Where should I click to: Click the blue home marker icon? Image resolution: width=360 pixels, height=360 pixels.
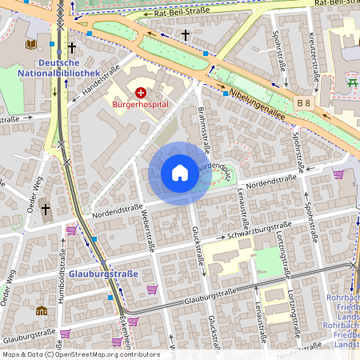click(x=180, y=172)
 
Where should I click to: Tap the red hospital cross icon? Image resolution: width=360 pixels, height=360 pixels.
click(x=141, y=93)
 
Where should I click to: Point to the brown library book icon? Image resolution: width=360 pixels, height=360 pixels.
click(x=31, y=44)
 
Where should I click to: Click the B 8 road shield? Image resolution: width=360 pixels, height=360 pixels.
click(x=303, y=102)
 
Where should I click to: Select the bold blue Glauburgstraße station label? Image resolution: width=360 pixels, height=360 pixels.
click(x=104, y=274)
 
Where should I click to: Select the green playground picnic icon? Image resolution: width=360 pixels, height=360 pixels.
click(x=351, y=81)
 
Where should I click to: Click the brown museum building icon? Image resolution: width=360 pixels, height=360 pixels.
click(x=42, y=310)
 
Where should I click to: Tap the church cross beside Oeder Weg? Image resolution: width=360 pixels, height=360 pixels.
click(x=46, y=210)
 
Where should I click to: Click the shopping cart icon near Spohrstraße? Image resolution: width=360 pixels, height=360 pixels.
click(x=338, y=174)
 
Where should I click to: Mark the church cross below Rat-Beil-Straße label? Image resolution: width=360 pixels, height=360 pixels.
click(x=186, y=35)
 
